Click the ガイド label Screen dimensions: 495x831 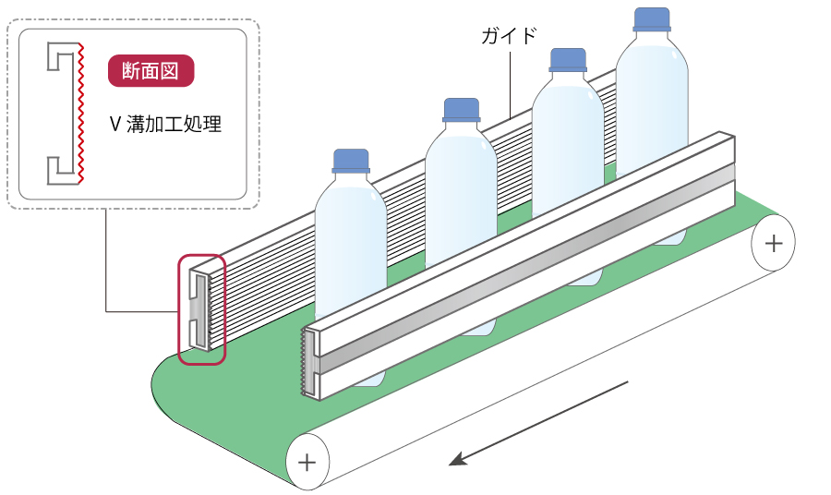(x=509, y=37)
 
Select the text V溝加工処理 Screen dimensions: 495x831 (x=166, y=125)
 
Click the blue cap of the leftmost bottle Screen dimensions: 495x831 (x=351, y=161)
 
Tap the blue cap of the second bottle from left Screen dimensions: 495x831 (x=461, y=109)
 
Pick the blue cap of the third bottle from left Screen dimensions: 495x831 (x=569, y=60)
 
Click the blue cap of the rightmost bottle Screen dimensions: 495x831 (x=652, y=20)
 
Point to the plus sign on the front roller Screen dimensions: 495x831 (x=307, y=461)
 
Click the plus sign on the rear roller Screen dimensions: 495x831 (x=773, y=244)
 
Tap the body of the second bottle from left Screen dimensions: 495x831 (x=461, y=203)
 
